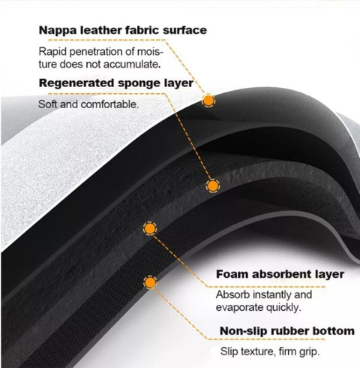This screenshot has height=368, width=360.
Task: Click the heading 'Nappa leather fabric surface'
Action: click(123, 30)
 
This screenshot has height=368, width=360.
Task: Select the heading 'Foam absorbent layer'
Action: click(280, 274)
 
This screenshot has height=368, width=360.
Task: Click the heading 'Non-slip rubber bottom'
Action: click(287, 331)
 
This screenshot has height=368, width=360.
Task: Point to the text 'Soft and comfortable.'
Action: click(88, 104)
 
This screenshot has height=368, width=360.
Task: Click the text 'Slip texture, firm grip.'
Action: click(270, 351)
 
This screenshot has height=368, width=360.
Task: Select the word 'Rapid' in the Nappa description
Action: click(52, 52)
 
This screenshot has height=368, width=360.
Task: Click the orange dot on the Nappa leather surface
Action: click(208, 101)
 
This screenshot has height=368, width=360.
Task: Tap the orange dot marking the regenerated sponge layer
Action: click(212, 186)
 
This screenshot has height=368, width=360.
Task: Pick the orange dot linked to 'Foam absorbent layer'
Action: click(150, 228)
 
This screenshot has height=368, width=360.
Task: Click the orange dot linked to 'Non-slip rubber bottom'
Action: click(150, 282)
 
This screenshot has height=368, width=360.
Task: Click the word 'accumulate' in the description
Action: click(130, 65)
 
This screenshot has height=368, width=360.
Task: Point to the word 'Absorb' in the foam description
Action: click(232, 294)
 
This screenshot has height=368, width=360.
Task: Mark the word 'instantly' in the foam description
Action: click(271, 294)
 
